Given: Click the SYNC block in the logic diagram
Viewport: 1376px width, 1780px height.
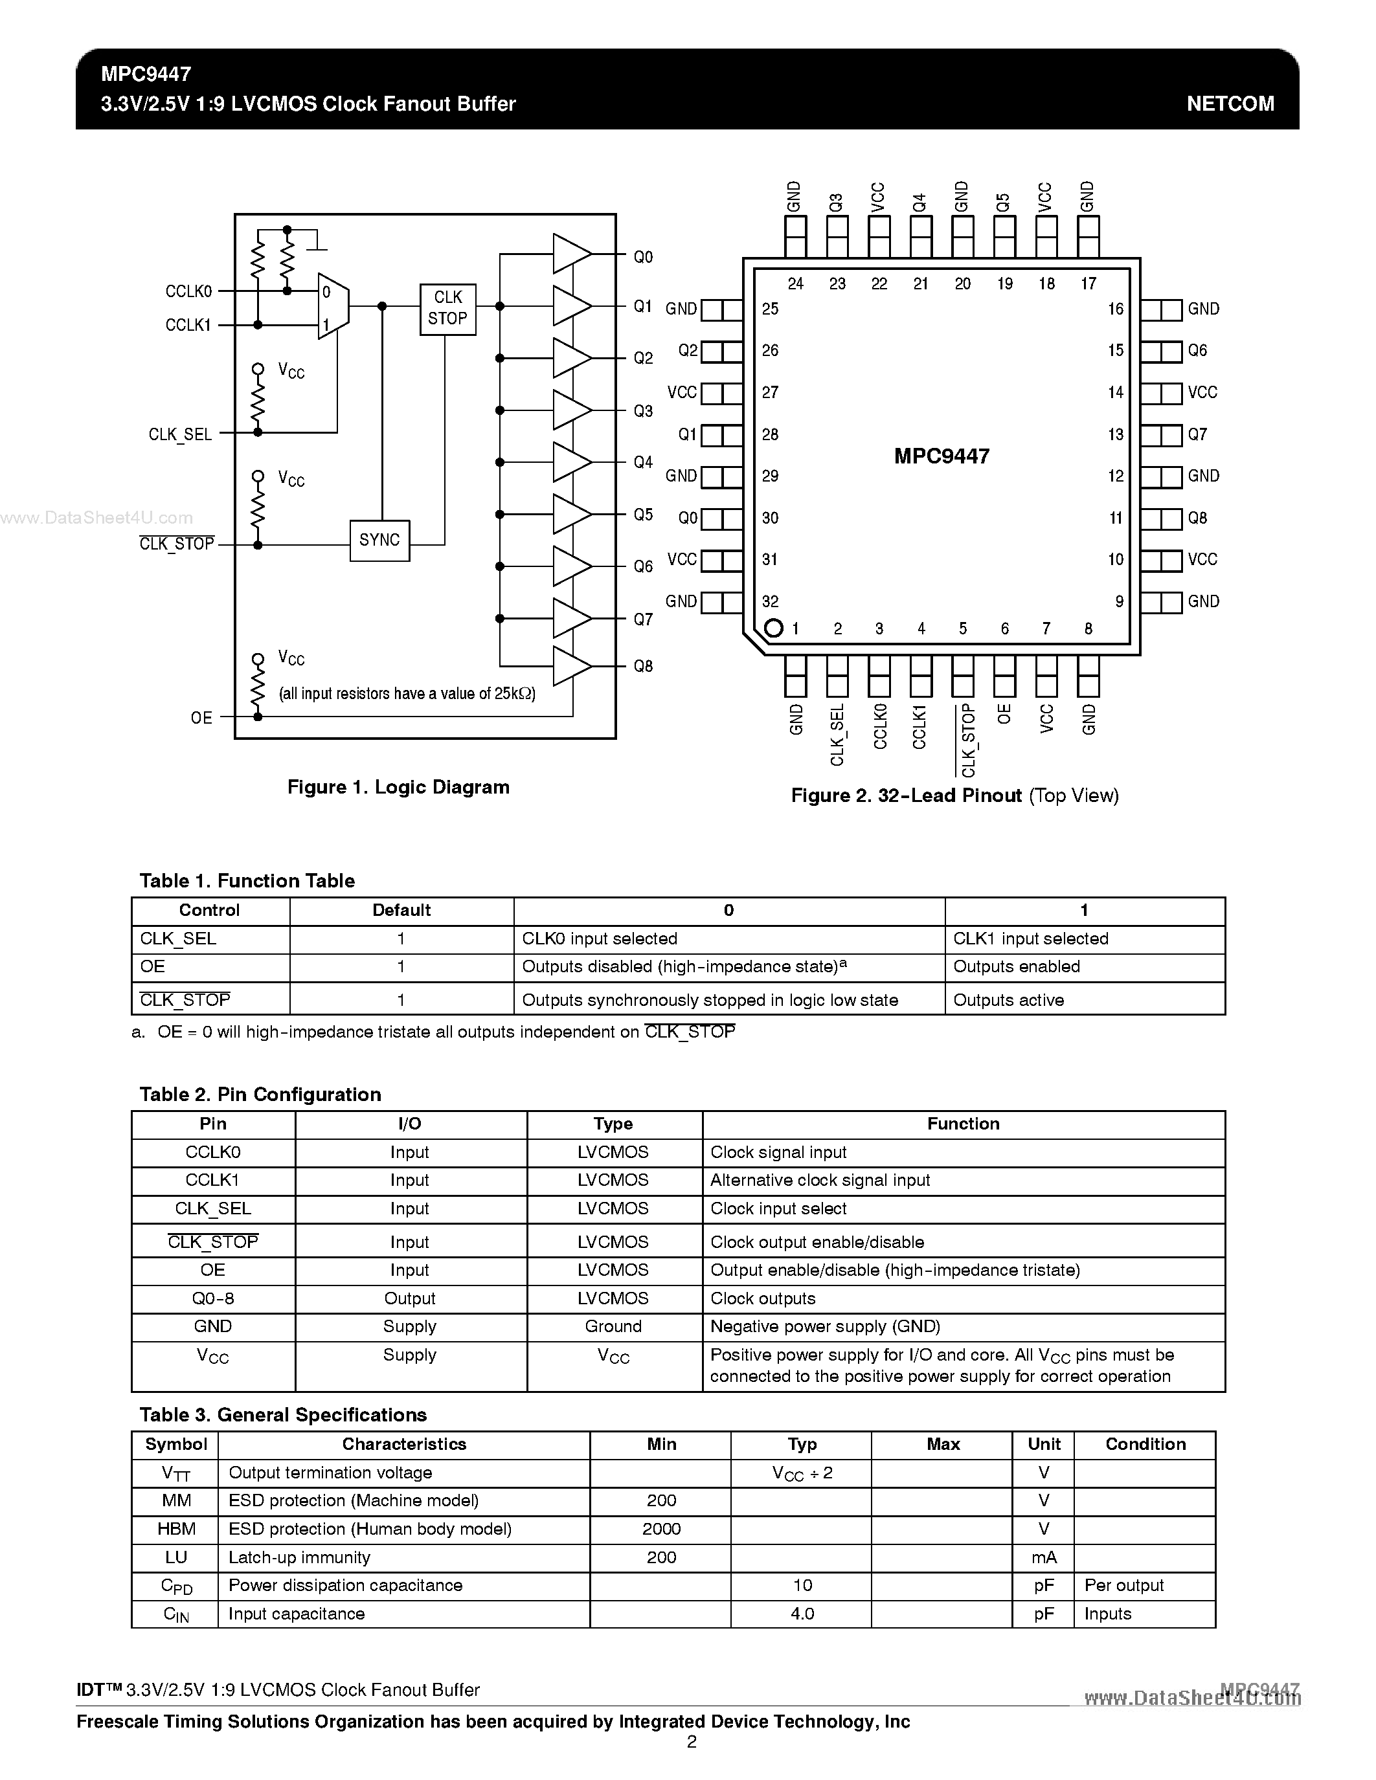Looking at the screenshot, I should pos(380,540).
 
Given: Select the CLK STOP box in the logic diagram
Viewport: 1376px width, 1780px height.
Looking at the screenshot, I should pos(447,308).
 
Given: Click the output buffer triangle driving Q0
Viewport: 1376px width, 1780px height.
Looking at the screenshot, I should pos(570,254).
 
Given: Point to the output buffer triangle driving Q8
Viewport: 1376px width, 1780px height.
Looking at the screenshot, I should pos(570,666).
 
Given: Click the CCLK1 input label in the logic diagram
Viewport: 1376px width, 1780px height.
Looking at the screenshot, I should pos(188,325).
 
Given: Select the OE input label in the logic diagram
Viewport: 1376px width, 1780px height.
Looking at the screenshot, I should pos(201,717).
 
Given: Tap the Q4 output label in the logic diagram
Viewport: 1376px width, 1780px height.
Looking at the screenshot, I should pos(643,462).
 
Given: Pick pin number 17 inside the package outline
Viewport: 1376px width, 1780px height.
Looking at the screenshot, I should pos(1088,284).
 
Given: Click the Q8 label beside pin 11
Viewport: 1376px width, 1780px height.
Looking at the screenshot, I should pos(1197,518).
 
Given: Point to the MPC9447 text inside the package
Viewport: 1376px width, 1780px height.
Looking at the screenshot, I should pos(942,456).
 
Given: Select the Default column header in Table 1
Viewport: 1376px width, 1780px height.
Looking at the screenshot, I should pos(401,910).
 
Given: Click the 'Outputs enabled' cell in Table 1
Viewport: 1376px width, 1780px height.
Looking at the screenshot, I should pos(1017,966).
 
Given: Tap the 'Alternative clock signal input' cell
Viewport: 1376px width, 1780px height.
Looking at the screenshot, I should pos(820,1180).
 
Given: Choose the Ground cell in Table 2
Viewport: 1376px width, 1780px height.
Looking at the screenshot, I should pos(613,1326).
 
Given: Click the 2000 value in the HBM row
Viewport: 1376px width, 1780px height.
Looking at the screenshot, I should pos(661,1529).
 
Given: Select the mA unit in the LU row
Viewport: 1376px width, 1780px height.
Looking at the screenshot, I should pos(1044,1557).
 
